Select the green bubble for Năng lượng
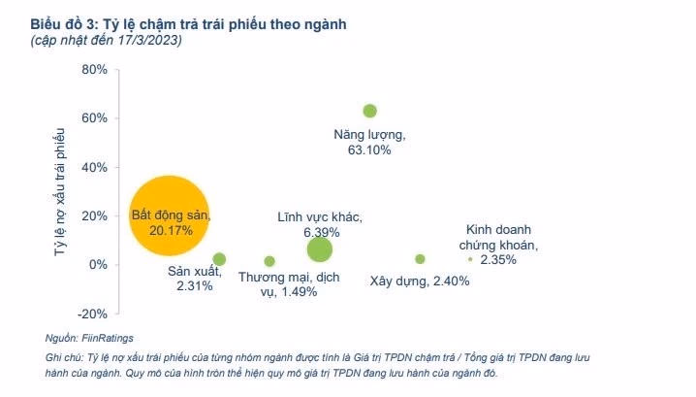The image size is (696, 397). [369, 111]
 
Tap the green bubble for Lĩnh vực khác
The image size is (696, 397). [319, 249]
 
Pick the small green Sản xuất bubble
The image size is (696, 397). [219, 259]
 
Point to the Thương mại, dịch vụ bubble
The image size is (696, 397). [269, 261]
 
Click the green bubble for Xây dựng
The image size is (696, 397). [420, 259]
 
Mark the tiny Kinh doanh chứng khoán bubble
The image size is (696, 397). [470, 259]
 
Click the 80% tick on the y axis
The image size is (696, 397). [94, 70]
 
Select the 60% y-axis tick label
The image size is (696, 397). [94, 118]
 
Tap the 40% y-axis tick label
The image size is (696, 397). [94, 167]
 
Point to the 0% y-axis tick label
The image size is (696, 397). [97, 265]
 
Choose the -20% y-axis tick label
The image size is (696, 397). [92, 314]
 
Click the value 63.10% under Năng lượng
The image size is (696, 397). [368, 149]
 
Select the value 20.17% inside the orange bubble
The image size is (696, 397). [171, 231]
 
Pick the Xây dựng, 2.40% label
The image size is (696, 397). [420, 281]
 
